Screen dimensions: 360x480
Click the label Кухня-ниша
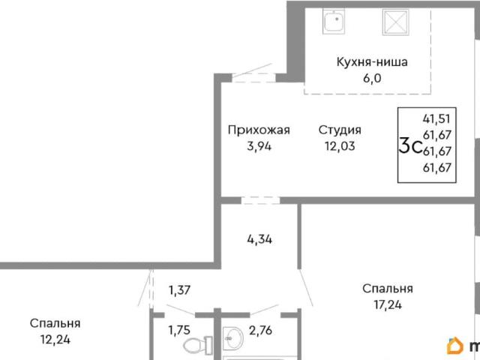pos(371,62)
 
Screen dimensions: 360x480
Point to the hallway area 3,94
pos(259,145)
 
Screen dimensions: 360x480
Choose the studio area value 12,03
pos(340,145)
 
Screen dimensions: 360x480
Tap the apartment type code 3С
pos(409,146)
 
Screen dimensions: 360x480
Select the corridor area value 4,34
pos(259,240)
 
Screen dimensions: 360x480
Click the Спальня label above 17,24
pos(387,289)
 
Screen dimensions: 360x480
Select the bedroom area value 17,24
pos(387,305)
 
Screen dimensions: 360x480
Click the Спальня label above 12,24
pos(55,323)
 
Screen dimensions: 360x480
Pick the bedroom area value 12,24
pos(55,339)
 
